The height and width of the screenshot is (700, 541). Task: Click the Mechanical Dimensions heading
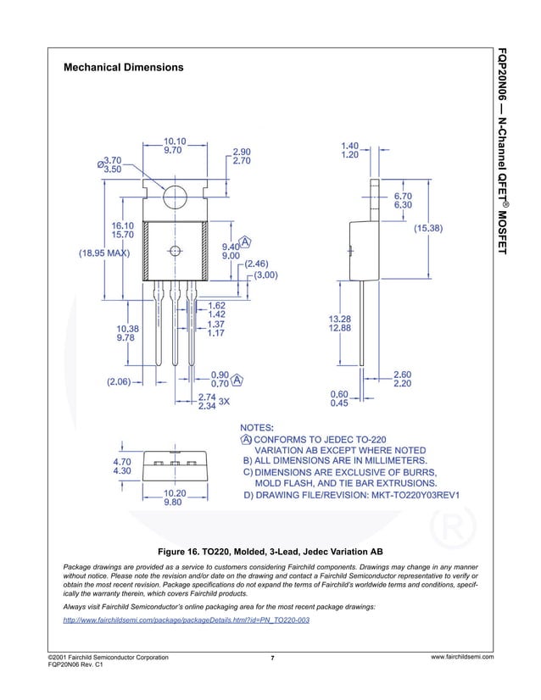click(124, 67)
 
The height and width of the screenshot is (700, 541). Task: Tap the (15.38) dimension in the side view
click(432, 228)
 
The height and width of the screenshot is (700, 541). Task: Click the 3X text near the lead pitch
click(225, 402)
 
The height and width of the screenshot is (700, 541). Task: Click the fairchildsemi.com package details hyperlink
click(187, 621)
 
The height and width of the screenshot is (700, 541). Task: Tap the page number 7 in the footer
click(272, 658)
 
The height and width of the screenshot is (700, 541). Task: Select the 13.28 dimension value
click(340, 319)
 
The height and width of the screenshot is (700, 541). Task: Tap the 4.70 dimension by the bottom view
click(123, 461)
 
